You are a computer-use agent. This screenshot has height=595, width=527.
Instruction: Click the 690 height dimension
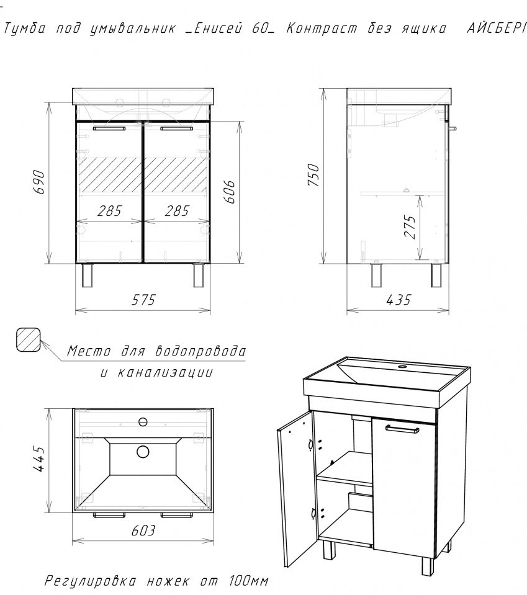tap(40, 182)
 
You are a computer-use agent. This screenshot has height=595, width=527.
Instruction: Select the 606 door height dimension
tap(230, 192)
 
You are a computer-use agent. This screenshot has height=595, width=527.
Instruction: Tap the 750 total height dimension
tap(313, 175)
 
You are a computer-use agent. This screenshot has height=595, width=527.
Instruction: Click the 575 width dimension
tap(143, 300)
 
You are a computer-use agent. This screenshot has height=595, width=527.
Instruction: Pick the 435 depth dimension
tap(399, 300)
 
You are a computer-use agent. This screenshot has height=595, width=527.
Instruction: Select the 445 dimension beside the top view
tap(40, 459)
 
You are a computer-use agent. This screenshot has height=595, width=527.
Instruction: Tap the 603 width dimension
tap(143, 530)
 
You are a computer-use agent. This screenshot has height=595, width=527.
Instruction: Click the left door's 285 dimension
tap(109, 211)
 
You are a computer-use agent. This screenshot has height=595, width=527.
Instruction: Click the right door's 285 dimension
tap(177, 211)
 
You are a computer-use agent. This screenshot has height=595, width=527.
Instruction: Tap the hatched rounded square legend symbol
tap(29, 339)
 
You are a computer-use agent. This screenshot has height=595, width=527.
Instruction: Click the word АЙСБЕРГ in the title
tap(496, 29)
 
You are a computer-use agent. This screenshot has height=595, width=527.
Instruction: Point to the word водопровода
tap(200, 351)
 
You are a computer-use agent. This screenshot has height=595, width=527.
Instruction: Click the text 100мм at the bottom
tap(249, 581)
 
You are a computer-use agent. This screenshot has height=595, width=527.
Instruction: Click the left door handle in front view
tap(109, 129)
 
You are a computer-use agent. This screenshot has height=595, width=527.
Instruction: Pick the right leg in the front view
tap(198, 275)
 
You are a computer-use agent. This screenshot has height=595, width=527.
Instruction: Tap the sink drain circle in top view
tap(143, 452)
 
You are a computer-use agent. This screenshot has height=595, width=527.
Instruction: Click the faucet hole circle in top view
tap(143, 421)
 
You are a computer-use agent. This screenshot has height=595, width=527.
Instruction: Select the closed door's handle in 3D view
tap(402, 429)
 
